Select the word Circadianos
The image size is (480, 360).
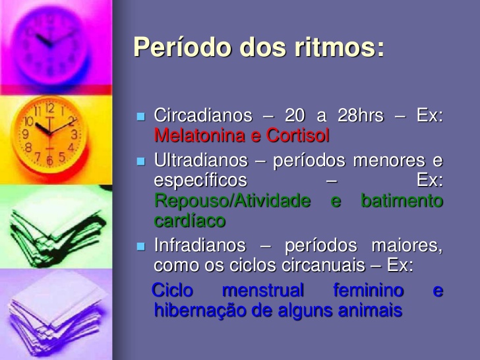(x=203, y=115)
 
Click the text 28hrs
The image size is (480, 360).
(x=361, y=115)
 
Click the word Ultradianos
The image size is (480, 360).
(x=201, y=160)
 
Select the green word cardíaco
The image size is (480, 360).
(x=189, y=221)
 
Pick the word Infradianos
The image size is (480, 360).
(x=200, y=246)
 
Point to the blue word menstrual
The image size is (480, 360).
(x=263, y=290)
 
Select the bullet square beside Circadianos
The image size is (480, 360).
(x=140, y=117)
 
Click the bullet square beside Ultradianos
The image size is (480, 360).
(x=140, y=162)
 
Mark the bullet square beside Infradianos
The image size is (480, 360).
(x=140, y=247)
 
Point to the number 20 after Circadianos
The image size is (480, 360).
(x=295, y=115)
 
